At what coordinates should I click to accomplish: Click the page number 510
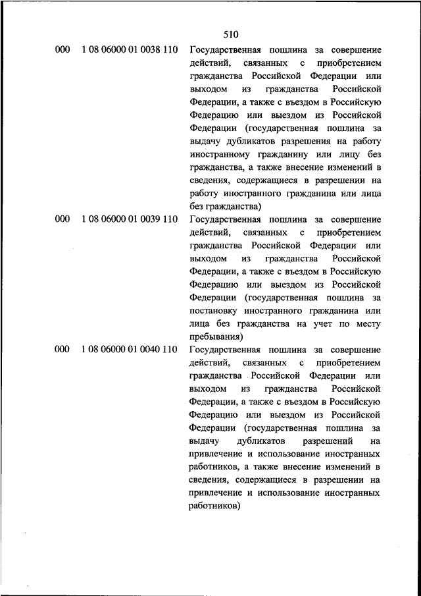pyautogui.click(x=230, y=34)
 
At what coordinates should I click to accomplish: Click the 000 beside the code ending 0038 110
pyautogui.click(x=62, y=51)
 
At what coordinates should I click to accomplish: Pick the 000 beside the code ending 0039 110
pyautogui.click(x=62, y=219)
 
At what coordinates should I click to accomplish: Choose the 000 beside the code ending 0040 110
pyautogui.click(x=62, y=349)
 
